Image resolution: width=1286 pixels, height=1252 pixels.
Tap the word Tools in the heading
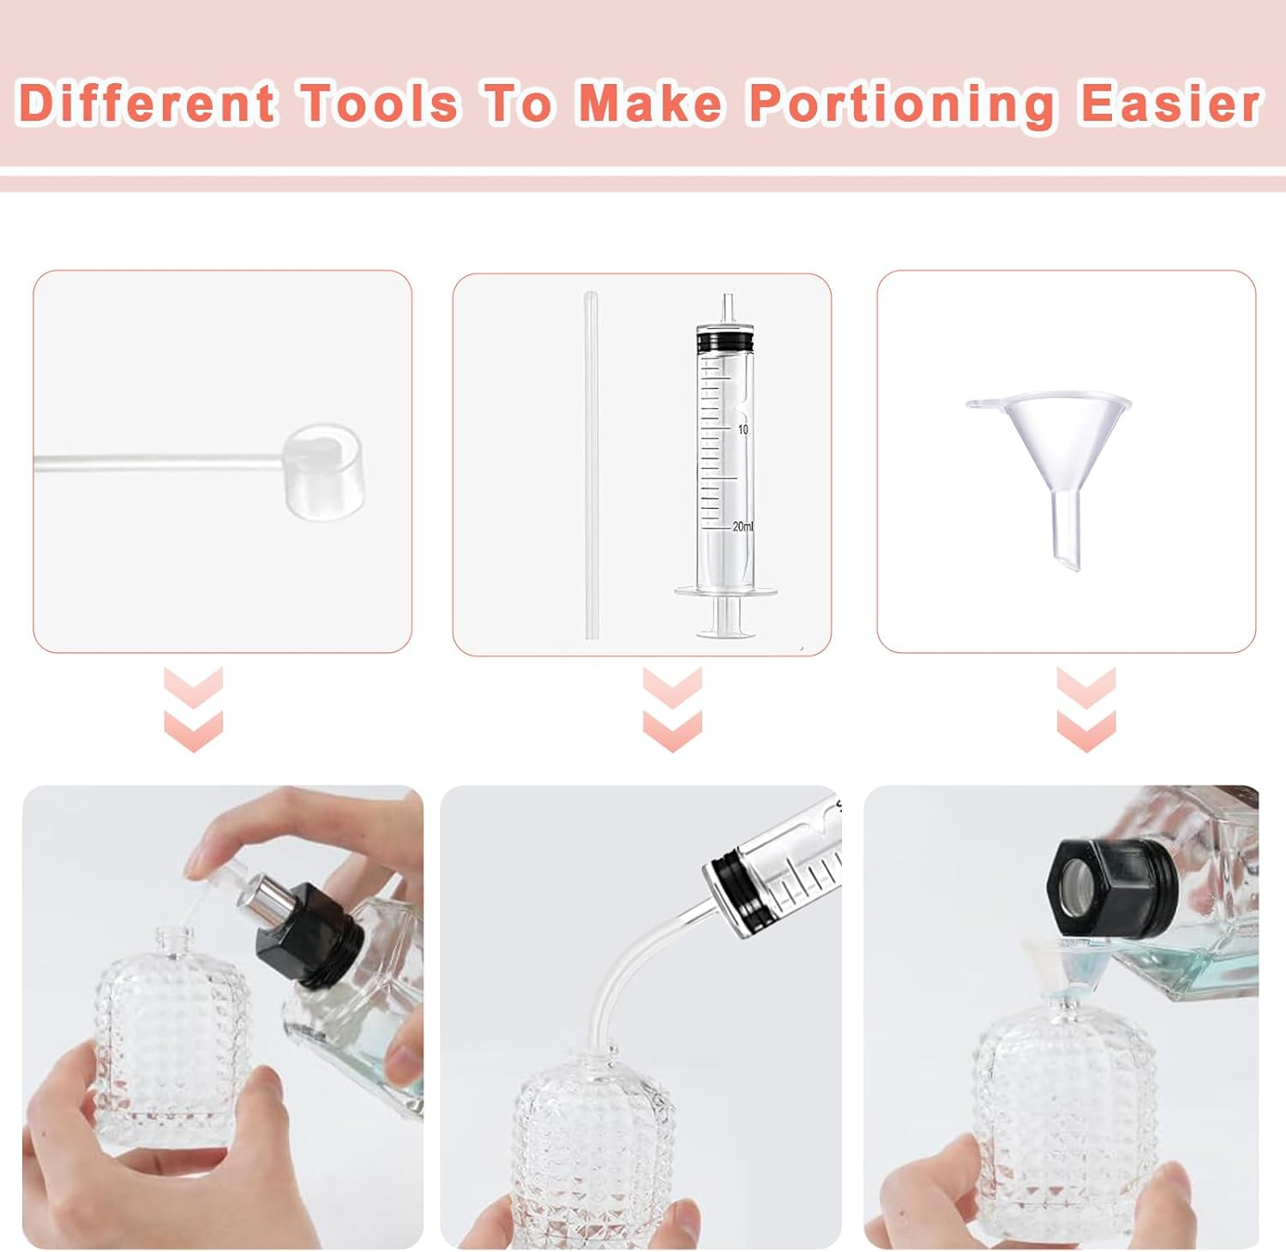point(379,104)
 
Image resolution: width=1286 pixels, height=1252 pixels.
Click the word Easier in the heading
point(1169,104)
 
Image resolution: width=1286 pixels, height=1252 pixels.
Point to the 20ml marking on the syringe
point(742,526)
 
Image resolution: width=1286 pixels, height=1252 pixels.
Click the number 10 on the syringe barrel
point(742,428)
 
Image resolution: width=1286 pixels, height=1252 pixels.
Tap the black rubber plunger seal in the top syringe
point(725,342)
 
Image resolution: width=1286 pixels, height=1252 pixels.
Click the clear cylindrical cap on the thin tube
point(322,470)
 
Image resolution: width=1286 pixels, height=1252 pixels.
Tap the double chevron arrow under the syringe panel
point(672,710)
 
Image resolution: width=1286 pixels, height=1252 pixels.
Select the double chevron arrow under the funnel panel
point(1085,710)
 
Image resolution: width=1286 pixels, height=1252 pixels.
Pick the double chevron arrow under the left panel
point(194,710)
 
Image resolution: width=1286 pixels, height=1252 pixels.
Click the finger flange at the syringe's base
point(725,591)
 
